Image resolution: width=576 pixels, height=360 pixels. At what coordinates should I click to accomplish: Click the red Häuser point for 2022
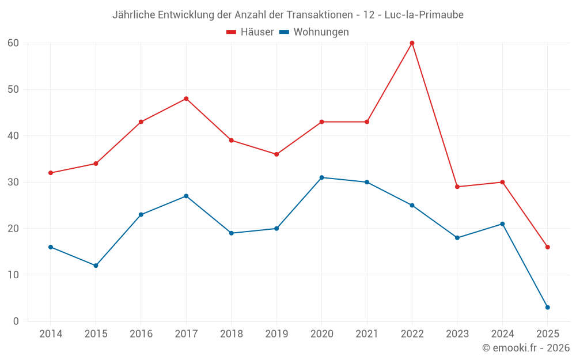pyautogui.click(x=412, y=43)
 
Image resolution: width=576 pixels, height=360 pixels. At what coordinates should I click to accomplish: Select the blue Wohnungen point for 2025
pyautogui.click(x=547, y=307)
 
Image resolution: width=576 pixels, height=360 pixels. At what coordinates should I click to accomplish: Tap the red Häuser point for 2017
pyautogui.click(x=186, y=98)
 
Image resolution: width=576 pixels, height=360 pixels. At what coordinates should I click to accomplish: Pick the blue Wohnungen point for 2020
pyautogui.click(x=321, y=177)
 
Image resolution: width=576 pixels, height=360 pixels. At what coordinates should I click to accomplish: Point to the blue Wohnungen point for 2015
pyautogui.click(x=96, y=266)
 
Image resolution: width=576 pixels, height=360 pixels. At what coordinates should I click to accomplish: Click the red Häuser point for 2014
pyautogui.click(x=51, y=173)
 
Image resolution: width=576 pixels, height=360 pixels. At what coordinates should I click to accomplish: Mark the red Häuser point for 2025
pyautogui.click(x=547, y=247)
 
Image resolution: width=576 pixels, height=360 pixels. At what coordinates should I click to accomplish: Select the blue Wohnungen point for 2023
pyautogui.click(x=457, y=238)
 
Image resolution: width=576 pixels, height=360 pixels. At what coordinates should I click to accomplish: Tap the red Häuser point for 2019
pyautogui.click(x=276, y=154)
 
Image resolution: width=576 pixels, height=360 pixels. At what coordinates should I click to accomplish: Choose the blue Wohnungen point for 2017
pyautogui.click(x=186, y=196)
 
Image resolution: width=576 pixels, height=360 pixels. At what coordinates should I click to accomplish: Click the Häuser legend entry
pyautogui.click(x=250, y=32)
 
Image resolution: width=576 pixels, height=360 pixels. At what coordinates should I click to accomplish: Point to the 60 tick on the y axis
pyautogui.click(x=13, y=43)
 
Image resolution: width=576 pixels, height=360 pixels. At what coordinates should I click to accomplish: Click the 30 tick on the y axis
pyautogui.click(x=13, y=182)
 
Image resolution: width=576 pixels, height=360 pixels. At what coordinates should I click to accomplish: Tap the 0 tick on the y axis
pyautogui.click(x=16, y=321)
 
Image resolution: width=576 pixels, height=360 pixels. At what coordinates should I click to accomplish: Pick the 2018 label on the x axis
pyautogui.click(x=231, y=334)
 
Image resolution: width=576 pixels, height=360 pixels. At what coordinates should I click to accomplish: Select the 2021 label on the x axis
pyautogui.click(x=367, y=334)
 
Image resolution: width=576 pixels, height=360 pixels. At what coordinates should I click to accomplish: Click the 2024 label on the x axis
pyautogui.click(x=502, y=334)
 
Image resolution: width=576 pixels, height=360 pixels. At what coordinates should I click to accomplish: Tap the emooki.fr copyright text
pyautogui.click(x=526, y=348)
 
